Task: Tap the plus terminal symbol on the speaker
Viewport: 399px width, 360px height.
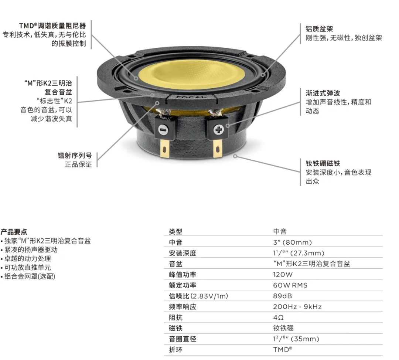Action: [x=218, y=130]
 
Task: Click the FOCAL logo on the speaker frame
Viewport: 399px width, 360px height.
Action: [x=191, y=97]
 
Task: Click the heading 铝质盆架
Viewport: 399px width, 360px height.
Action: [x=319, y=29]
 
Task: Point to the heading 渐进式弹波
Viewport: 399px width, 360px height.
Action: [x=323, y=93]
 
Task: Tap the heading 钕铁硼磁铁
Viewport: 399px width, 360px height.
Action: [x=323, y=163]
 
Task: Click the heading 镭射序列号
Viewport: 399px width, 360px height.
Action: [x=75, y=155]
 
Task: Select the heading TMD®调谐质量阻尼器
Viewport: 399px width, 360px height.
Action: [x=52, y=26]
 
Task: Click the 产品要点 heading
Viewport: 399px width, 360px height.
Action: [x=14, y=232]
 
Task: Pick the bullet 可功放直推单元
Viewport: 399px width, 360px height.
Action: [x=26, y=267]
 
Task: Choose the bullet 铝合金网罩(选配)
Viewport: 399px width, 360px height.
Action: [x=28, y=276]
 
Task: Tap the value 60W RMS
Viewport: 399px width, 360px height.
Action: [x=290, y=285]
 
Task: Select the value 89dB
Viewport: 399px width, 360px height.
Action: [x=283, y=296]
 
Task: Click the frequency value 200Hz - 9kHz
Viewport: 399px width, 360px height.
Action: [x=297, y=306]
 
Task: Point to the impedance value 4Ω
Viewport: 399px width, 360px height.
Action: [x=279, y=317]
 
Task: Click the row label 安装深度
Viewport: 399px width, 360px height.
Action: [x=183, y=253]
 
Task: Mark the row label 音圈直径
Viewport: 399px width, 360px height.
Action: [x=183, y=339]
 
